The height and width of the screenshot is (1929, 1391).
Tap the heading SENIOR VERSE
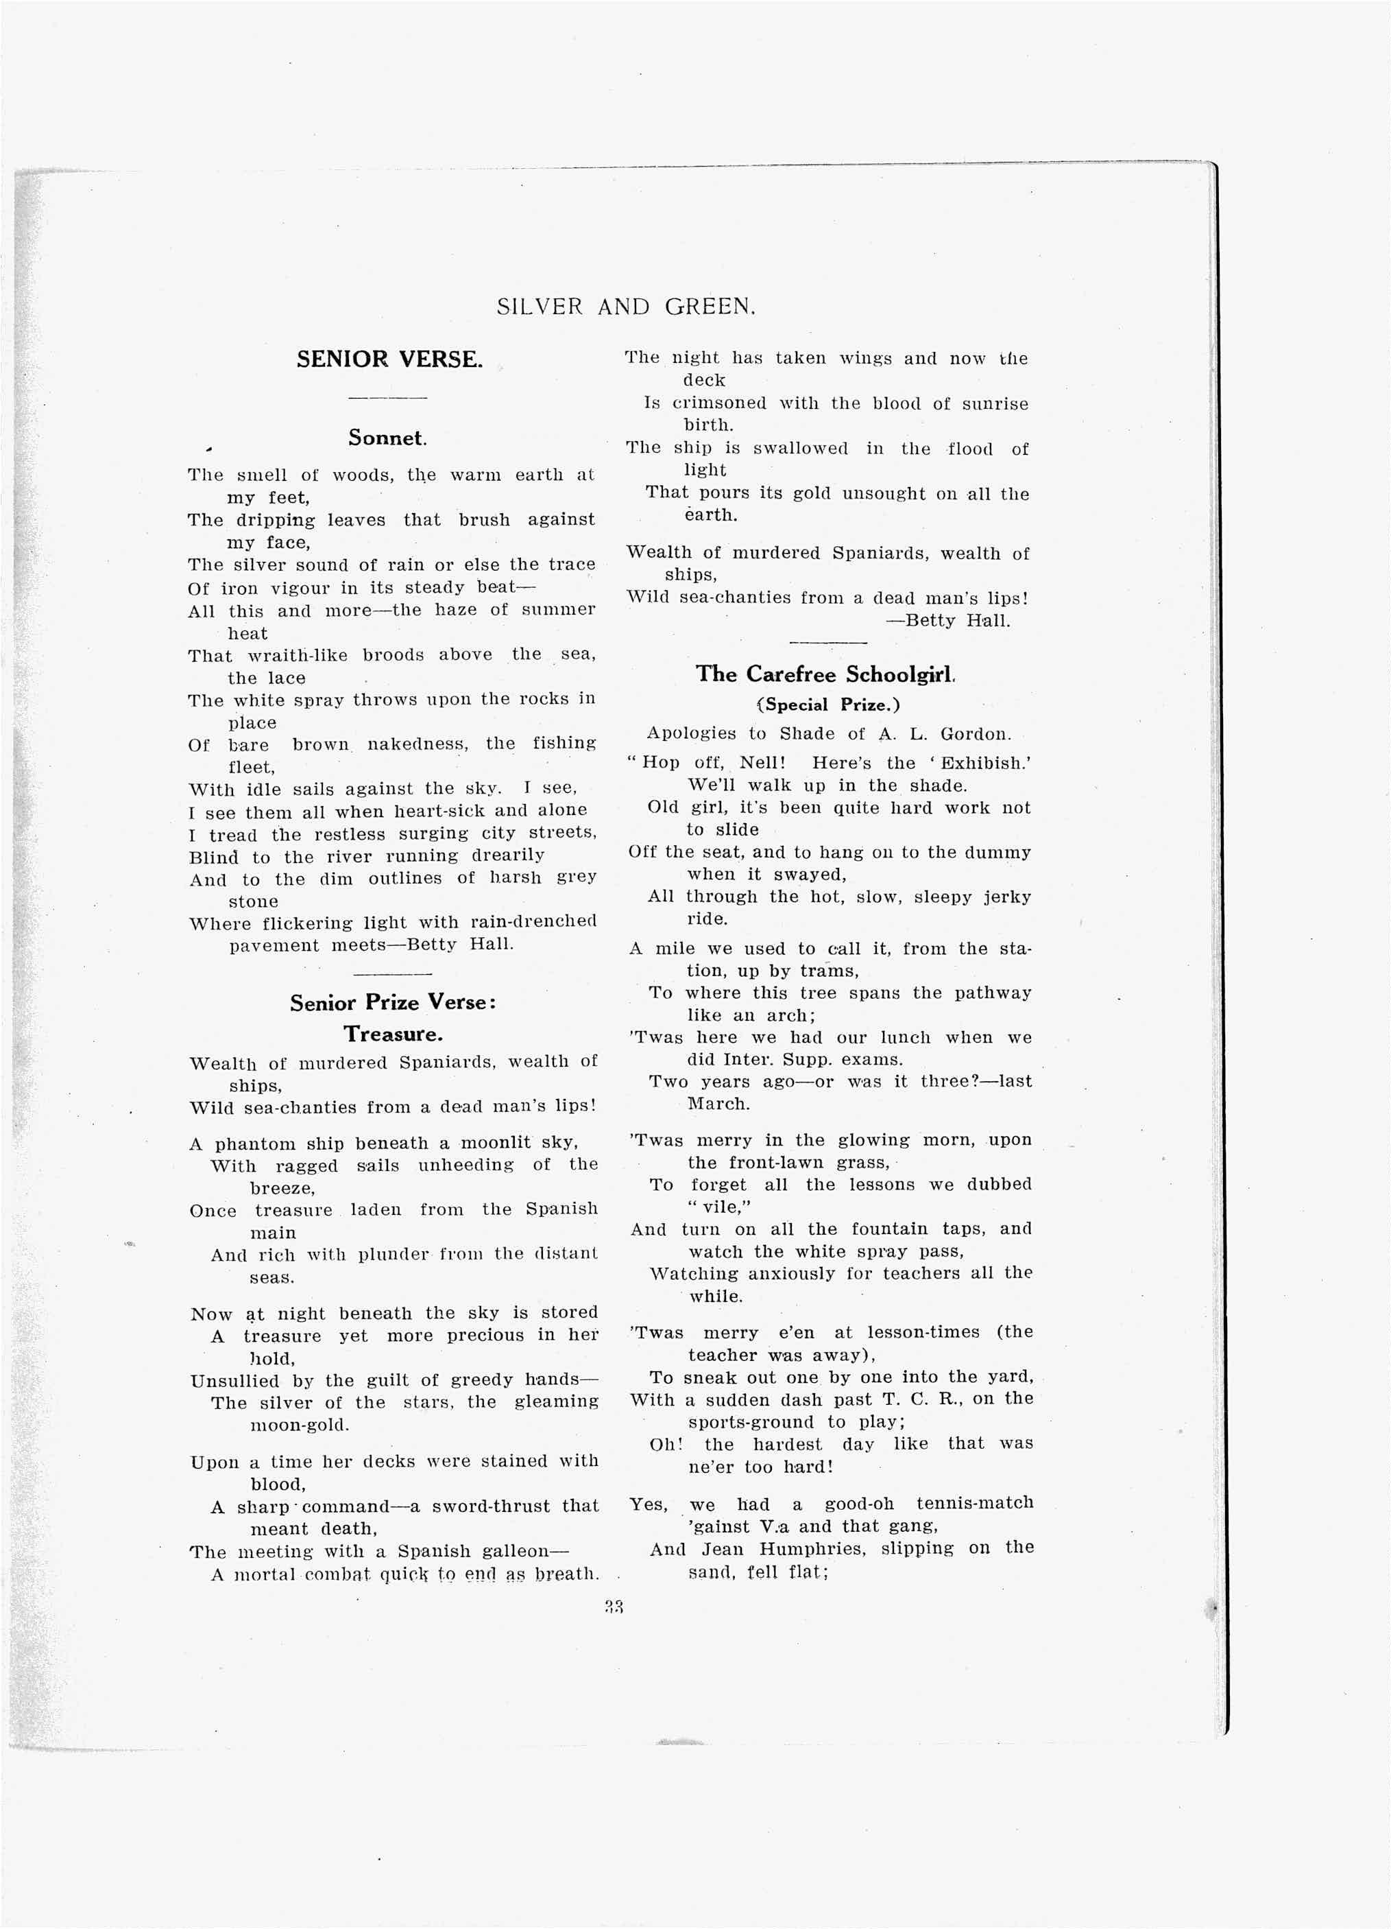click(x=389, y=359)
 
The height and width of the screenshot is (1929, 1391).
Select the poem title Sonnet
click(x=387, y=438)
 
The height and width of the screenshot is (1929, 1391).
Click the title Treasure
click(x=393, y=1034)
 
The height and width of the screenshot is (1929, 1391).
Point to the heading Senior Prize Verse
click(x=393, y=1003)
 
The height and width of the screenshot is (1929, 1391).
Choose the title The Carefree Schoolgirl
click(x=825, y=674)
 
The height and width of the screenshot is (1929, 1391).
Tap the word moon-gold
click(x=300, y=1425)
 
